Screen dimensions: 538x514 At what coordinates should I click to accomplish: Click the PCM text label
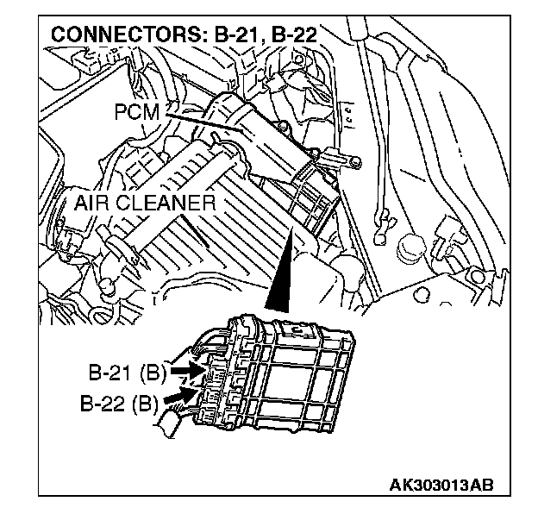133,111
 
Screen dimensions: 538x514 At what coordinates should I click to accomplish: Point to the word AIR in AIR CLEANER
90,204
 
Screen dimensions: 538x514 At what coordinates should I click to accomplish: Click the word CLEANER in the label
166,204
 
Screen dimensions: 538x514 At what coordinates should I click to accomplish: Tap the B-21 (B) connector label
127,374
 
